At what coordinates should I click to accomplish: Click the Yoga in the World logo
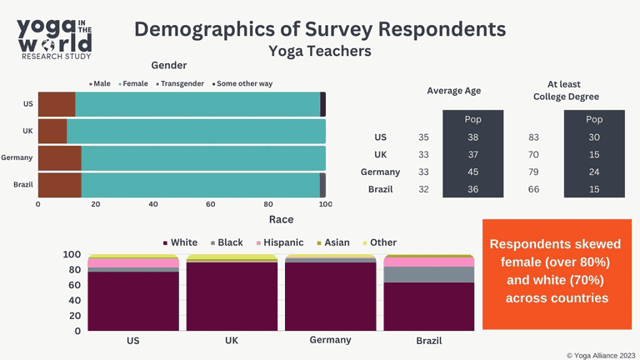(x=55, y=37)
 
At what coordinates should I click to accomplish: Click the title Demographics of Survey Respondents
(x=320, y=28)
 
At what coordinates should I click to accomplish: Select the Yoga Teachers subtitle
(x=320, y=52)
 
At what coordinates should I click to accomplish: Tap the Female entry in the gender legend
(x=136, y=83)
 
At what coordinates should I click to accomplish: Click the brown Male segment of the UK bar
(x=52, y=131)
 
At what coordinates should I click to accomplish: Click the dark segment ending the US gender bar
(x=322, y=104)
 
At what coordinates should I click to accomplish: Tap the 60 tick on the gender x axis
(x=211, y=204)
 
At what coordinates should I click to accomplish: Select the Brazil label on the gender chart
(x=22, y=185)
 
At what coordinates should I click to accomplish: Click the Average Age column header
(x=453, y=91)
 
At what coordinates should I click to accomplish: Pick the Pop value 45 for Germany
(x=472, y=172)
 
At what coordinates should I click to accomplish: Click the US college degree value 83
(x=533, y=137)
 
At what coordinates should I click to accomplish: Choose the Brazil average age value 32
(x=424, y=190)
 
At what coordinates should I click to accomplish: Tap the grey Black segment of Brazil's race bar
(x=428, y=274)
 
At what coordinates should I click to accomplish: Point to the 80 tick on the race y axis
(x=73, y=270)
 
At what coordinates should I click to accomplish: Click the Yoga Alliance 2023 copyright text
(x=601, y=354)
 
